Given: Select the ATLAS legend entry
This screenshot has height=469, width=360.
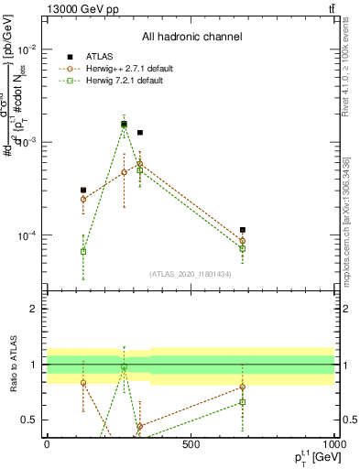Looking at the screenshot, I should tap(101, 57).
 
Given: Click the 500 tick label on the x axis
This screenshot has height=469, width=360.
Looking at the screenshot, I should tap(191, 445).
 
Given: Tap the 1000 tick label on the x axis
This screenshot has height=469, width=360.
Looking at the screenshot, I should tap(333, 445).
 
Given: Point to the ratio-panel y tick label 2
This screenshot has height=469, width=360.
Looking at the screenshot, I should tap(33, 309).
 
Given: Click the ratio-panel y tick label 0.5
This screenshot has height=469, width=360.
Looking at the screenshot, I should tap(29, 420).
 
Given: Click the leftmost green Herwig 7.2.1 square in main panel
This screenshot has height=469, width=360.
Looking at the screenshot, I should tap(83, 251).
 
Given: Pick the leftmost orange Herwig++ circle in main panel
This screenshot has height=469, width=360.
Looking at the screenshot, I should tap(83, 199).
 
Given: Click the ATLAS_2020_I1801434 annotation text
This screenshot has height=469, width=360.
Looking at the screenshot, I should tap(191, 274).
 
